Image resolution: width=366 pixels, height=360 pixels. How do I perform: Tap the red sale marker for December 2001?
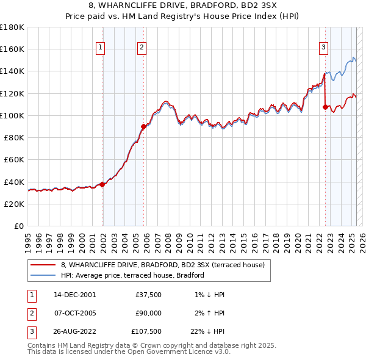point(102,184)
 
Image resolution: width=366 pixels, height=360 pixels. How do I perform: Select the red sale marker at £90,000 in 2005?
point(144,126)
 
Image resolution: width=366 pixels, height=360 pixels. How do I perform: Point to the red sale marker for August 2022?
point(325,107)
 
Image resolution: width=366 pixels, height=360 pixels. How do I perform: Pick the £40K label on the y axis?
point(14,182)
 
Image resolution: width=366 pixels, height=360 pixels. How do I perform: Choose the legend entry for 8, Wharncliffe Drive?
point(162,265)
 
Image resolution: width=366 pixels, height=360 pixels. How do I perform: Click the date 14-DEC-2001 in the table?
point(74,295)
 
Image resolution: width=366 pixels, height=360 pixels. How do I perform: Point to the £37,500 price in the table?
point(148,295)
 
